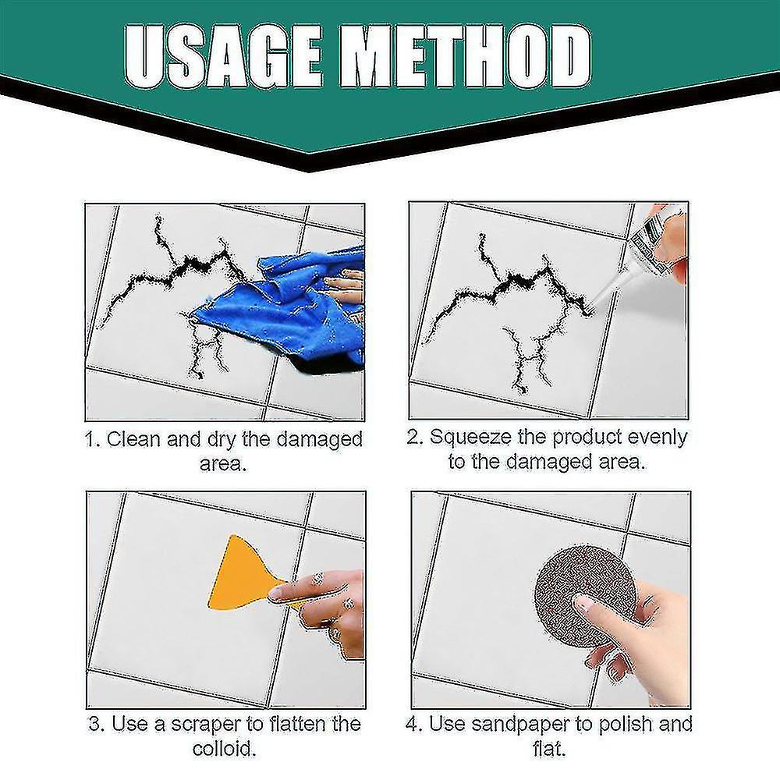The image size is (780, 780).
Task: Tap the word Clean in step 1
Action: coord(134,438)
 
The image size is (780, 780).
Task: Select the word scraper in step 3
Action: coord(208,724)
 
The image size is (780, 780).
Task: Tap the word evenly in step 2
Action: coord(652,437)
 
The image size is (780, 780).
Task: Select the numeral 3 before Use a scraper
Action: coord(94,724)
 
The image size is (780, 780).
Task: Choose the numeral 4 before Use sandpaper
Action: coord(411,724)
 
